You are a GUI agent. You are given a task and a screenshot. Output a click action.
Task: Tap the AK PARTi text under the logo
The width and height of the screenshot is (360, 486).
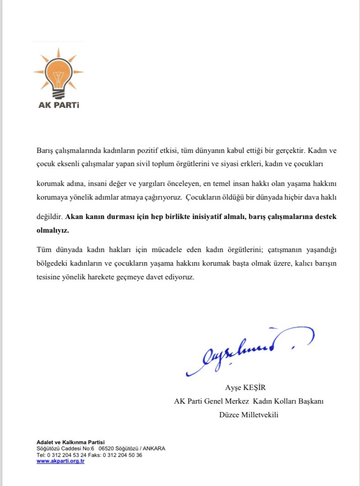click(59, 106)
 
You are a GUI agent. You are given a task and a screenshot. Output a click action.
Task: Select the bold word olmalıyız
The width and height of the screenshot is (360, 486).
click(53, 230)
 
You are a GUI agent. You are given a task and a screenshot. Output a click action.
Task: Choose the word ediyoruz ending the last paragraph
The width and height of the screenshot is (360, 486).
click(180, 278)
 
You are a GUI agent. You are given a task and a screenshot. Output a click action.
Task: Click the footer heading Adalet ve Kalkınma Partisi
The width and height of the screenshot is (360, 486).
click(71, 442)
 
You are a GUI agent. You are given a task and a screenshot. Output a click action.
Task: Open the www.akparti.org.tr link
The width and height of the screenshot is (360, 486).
click(60, 461)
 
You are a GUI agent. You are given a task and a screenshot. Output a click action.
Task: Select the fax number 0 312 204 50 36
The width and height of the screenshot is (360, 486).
click(122, 455)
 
